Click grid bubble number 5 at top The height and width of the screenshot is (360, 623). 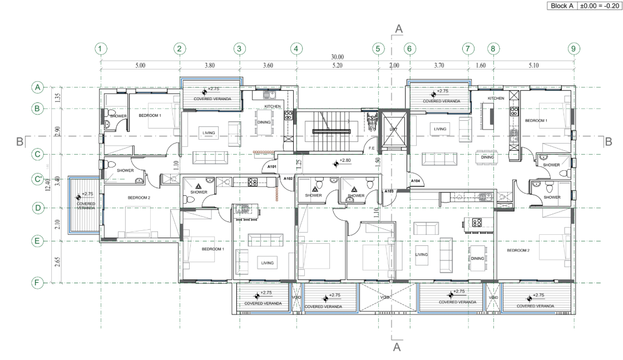point(378,48)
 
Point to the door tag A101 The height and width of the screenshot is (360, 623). point(272,166)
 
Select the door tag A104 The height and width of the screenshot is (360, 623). point(415,181)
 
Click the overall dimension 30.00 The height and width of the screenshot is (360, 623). point(337,57)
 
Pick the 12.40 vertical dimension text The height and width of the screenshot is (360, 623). point(49,184)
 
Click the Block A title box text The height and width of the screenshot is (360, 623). point(563,6)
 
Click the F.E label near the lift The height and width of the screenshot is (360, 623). point(372,148)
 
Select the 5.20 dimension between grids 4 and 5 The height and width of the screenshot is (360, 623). point(337,65)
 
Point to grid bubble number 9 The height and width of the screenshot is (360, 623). point(573,48)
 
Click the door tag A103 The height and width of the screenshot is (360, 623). point(389,191)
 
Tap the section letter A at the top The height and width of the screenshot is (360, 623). point(398,28)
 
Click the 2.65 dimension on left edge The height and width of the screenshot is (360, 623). point(57,262)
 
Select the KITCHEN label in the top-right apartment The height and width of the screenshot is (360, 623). point(496,98)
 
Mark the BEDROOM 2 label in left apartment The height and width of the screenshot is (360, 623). point(139,198)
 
